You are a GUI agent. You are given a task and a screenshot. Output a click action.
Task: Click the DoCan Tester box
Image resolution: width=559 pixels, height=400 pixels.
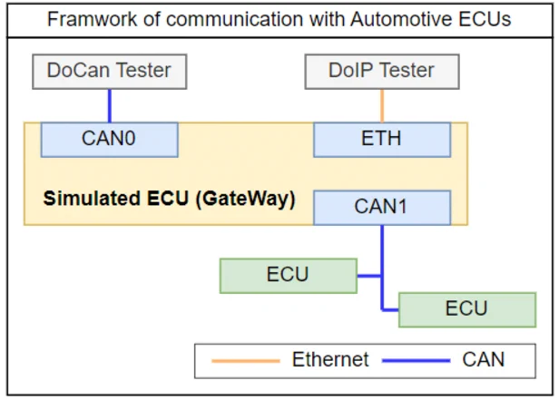click(110, 72)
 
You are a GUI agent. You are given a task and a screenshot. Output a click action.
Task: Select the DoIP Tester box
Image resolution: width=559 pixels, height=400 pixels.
click(382, 72)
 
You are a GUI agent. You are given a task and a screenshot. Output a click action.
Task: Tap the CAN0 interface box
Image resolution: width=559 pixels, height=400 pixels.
click(110, 140)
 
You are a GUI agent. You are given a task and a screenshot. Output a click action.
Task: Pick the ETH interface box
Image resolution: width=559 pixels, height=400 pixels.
click(382, 140)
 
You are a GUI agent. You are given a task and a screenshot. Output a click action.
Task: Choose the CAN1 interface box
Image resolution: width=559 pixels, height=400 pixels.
click(382, 208)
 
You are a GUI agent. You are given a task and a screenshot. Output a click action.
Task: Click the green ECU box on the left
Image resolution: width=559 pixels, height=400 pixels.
click(289, 276)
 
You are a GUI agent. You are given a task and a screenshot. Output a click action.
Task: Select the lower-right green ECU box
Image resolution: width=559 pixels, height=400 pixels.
click(467, 309)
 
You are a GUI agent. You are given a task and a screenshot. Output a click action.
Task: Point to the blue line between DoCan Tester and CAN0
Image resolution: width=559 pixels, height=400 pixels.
click(110, 106)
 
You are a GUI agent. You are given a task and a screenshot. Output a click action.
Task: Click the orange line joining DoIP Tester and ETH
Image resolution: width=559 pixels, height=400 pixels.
click(382, 106)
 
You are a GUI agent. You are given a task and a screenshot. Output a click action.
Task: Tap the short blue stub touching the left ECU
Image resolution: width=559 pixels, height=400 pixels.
click(369, 276)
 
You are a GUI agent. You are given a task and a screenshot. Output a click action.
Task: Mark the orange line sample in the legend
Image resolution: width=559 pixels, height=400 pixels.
click(246, 361)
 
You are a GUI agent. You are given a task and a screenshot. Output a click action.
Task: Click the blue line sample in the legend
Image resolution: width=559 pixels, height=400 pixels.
click(416, 361)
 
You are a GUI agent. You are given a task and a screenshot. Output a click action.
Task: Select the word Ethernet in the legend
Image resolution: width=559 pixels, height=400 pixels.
click(330, 359)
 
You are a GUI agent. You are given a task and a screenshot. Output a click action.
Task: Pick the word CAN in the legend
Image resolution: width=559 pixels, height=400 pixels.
click(484, 359)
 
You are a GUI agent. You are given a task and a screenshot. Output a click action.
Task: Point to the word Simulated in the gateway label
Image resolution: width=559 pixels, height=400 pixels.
click(92, 198)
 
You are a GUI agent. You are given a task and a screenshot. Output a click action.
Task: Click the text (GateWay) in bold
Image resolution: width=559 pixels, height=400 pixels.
click(245, 199)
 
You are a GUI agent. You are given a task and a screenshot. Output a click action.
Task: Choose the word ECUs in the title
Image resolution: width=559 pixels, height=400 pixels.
click(485, 19)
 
